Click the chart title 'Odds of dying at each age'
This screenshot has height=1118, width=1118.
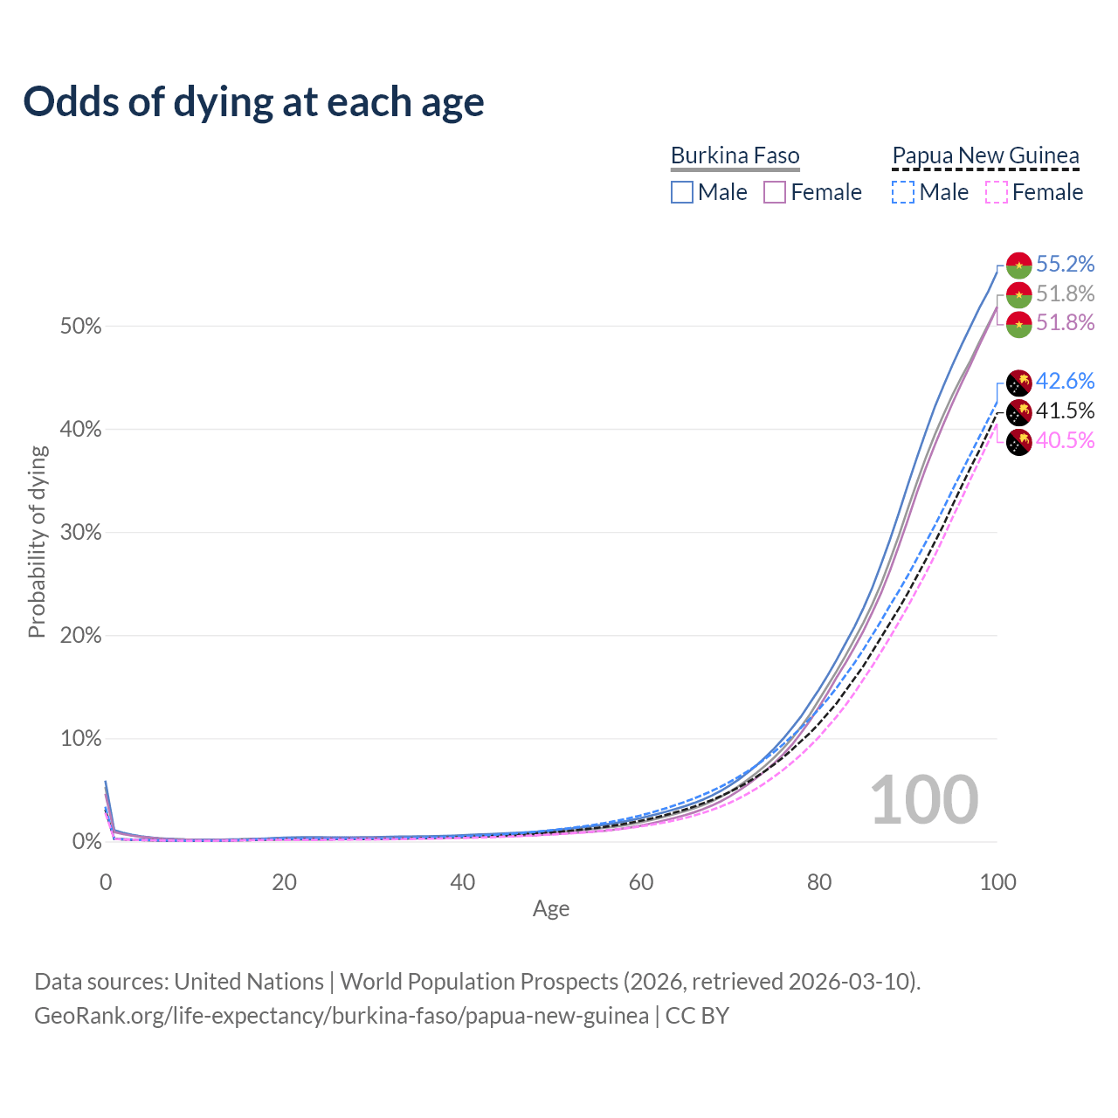(x=253, y=101)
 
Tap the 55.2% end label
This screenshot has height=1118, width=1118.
(x=1065, y=264)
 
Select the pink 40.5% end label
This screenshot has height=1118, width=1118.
(x=1065, y=440)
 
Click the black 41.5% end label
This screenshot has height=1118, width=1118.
(x=1065, y=411)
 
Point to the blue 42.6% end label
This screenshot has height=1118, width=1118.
(x=1065, y=381)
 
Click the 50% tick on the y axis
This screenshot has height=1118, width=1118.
(x=80, y=327)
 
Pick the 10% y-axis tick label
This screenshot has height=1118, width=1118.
(x=80, y=739)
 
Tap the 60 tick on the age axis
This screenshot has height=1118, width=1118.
(x=641, y=882)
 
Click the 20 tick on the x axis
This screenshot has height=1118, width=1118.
(x=284, y=882)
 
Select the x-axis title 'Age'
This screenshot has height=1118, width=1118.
(x=551, y=908)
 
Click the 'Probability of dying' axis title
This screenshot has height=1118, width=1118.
(x=37, y=542)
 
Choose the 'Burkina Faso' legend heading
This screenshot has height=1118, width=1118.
(x=735, y=155)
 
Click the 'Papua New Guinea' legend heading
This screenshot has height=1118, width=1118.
(x=985, y=155)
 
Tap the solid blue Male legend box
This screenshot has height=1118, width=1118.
(x=682, y=192)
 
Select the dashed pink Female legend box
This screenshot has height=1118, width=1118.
(x=997, y=192)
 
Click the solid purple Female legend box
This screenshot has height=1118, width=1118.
(x=775, y=192)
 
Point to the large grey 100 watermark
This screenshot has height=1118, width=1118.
(x=924, y=799)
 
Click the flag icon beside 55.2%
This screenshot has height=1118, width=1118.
(x=1019, y=265)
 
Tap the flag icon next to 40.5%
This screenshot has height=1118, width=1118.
(x=1019, y=442)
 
